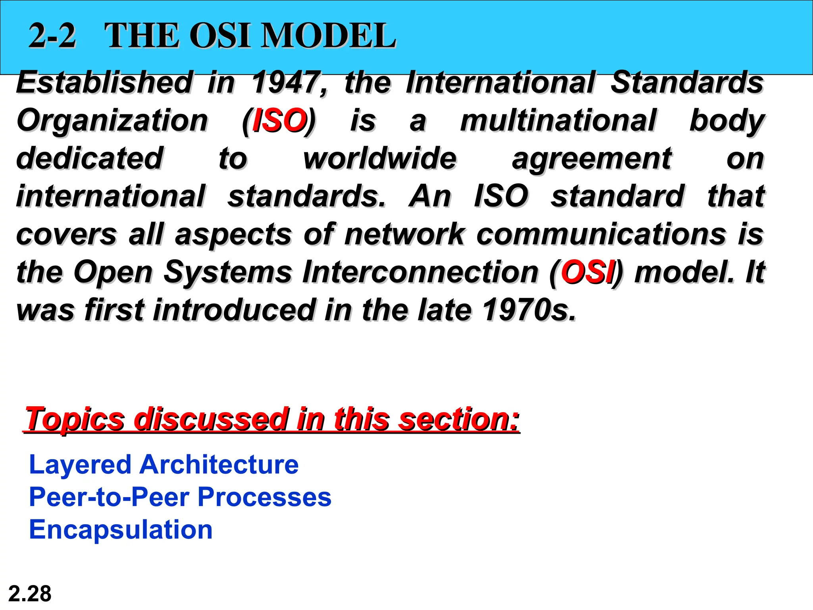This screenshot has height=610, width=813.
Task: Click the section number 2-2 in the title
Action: (52, 36)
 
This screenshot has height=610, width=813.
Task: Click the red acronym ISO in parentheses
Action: (279, 120)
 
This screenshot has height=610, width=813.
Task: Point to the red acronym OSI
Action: (587, 272)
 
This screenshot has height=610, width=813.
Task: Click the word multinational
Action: (558, 120)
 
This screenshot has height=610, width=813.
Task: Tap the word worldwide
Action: (380, 158)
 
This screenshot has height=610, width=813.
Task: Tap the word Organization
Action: (112, 120)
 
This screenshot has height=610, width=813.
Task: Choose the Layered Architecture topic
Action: (164, 465)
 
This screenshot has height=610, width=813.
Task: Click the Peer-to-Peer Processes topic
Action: (180, 497)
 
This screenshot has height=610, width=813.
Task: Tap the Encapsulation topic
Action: (121, 530)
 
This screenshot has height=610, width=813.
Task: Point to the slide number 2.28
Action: (30, 594)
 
